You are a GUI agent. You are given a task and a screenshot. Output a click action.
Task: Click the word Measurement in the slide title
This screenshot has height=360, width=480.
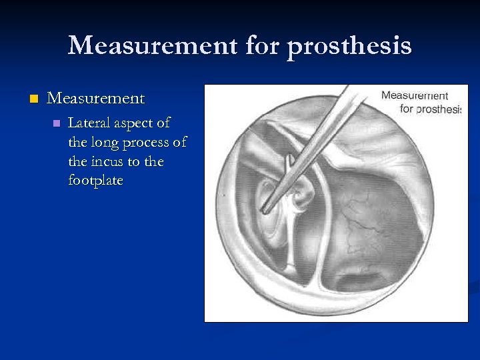click(153, 46)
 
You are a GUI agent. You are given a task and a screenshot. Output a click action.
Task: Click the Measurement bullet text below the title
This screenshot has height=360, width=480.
click(95, 98)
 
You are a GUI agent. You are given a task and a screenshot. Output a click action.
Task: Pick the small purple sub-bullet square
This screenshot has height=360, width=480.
click(57, 123)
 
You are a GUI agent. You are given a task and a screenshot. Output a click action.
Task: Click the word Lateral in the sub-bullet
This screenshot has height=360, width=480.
click(89, 123)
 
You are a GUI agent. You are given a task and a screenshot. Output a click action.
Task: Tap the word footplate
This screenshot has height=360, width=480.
click(95, 181)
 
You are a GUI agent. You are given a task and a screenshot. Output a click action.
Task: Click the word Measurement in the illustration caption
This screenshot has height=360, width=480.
click(414, 96)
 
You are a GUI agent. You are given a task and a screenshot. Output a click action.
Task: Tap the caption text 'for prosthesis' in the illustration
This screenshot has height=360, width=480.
click(430, 109)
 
